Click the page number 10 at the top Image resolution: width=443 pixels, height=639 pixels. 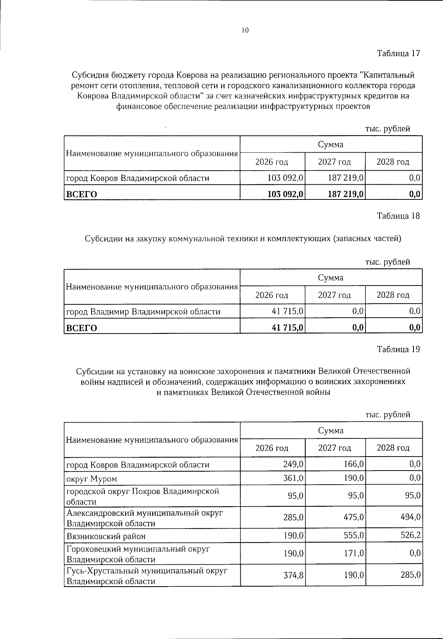pos(245,31)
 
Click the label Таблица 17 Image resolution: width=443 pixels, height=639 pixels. pos(398,53)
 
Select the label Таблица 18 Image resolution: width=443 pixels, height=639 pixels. pos(398,216)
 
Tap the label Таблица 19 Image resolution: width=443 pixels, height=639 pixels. pos(398,349)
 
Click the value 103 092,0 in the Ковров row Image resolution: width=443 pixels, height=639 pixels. pos(285,178)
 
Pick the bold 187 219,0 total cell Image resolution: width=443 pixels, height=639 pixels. pos(346,194)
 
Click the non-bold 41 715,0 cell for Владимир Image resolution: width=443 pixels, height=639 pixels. pos(287,311)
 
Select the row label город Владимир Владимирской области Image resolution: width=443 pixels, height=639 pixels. pos(143,312)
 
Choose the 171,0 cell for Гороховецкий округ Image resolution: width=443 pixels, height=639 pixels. pos(353,554)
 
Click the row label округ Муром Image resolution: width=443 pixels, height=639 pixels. pos(91,479)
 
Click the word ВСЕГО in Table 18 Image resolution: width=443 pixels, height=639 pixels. pos(81,328)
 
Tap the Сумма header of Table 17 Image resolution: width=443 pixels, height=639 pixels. pos(330,144)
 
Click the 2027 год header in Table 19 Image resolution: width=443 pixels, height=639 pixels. pos(334,448)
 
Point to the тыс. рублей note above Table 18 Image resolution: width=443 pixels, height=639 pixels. pos(387,262)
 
